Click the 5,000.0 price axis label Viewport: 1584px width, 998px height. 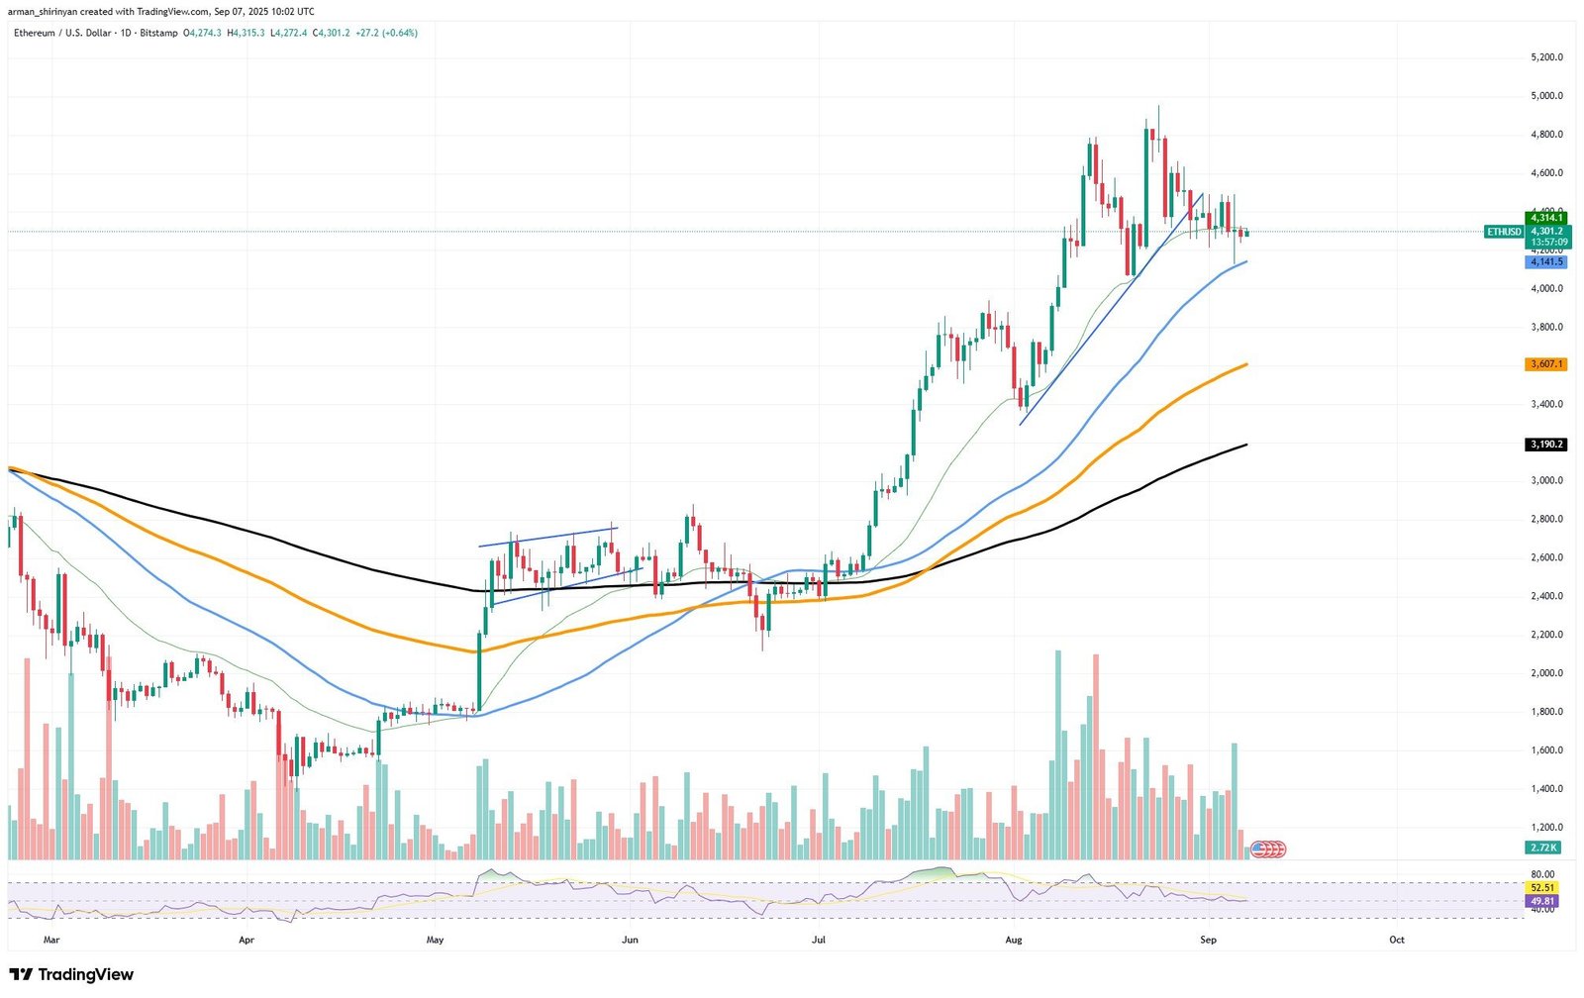tap(1546, 96)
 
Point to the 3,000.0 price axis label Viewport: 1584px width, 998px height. tap(1546, 481)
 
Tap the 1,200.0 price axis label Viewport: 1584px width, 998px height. tap(1546, 828)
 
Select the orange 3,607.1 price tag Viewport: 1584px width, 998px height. tap(1545, 364)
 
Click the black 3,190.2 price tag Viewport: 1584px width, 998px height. tap(1545, 445)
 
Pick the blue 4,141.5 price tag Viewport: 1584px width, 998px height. tap(1545, 261)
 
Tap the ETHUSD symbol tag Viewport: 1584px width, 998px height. tap(1504, 232)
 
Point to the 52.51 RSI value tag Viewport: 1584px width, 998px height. tap(1542, 888)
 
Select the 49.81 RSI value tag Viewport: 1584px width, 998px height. tap(1542, 901)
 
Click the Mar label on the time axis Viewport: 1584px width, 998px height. tap(51, 939)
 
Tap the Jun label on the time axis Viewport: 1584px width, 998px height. tap(630, 939)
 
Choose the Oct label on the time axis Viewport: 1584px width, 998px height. tap(1397, 939)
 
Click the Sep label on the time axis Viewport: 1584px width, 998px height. tap(1208, 939)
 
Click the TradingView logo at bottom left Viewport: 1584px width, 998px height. tap(71, 974)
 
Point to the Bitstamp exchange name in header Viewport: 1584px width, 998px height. tap(160, 33)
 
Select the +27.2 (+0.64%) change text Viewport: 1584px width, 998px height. tap(386, 33)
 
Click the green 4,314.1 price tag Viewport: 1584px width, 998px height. tap(1545, 218)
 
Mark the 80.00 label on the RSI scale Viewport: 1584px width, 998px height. tap(1542, 874)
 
